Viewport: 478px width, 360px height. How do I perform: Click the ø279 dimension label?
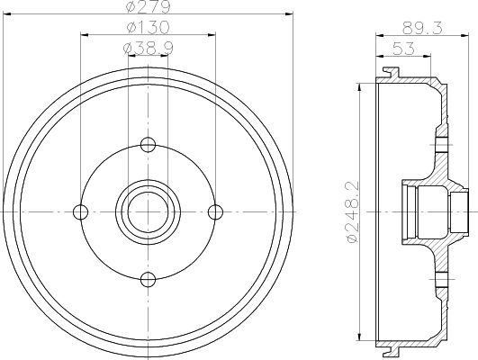149,6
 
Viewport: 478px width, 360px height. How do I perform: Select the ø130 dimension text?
148,27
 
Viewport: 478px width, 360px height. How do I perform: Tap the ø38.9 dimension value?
149,48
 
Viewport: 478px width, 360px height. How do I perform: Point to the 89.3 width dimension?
422,28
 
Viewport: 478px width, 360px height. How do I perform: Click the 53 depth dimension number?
403,49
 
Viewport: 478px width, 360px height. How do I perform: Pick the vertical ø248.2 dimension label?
353,211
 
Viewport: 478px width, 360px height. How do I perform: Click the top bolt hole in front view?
149,145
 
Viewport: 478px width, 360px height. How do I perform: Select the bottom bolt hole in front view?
149,279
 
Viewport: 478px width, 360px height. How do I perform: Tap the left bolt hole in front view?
81,211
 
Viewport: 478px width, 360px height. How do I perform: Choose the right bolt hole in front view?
215,211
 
